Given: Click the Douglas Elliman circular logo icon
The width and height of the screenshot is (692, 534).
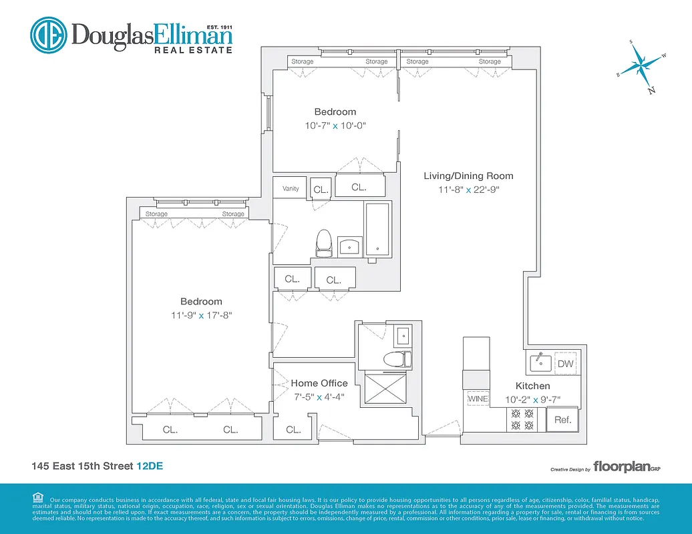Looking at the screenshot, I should pyautogui.click(x=48, y=35).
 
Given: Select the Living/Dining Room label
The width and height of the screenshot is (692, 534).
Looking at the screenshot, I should pyautogui.click(x=468, y=176).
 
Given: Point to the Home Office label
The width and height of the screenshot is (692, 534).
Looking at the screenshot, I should pyautogui.click(x=319, y=383).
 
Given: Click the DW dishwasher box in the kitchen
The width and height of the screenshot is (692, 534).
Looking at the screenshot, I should pyautogui.click(x=565, y=364).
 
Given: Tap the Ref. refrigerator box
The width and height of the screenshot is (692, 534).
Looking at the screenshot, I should pyautogui.click(x=562, y=420).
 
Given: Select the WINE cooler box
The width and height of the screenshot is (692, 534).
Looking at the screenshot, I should pyautogui.click(x=478, y=398).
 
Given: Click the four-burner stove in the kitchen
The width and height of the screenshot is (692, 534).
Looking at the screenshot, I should pyautogui.click(x=522, y=419).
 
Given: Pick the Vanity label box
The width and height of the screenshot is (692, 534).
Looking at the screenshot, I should pyautogui.click(x=291, y=188).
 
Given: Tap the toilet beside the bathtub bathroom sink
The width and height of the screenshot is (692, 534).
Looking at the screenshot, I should pyautogui.click(x=324, y=243).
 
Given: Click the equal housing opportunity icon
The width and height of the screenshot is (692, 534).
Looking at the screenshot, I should pyautogui.click(x=37, y=497).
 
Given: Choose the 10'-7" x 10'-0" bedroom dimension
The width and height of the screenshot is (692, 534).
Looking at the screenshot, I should pyautogui.click(x=335, y=125).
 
